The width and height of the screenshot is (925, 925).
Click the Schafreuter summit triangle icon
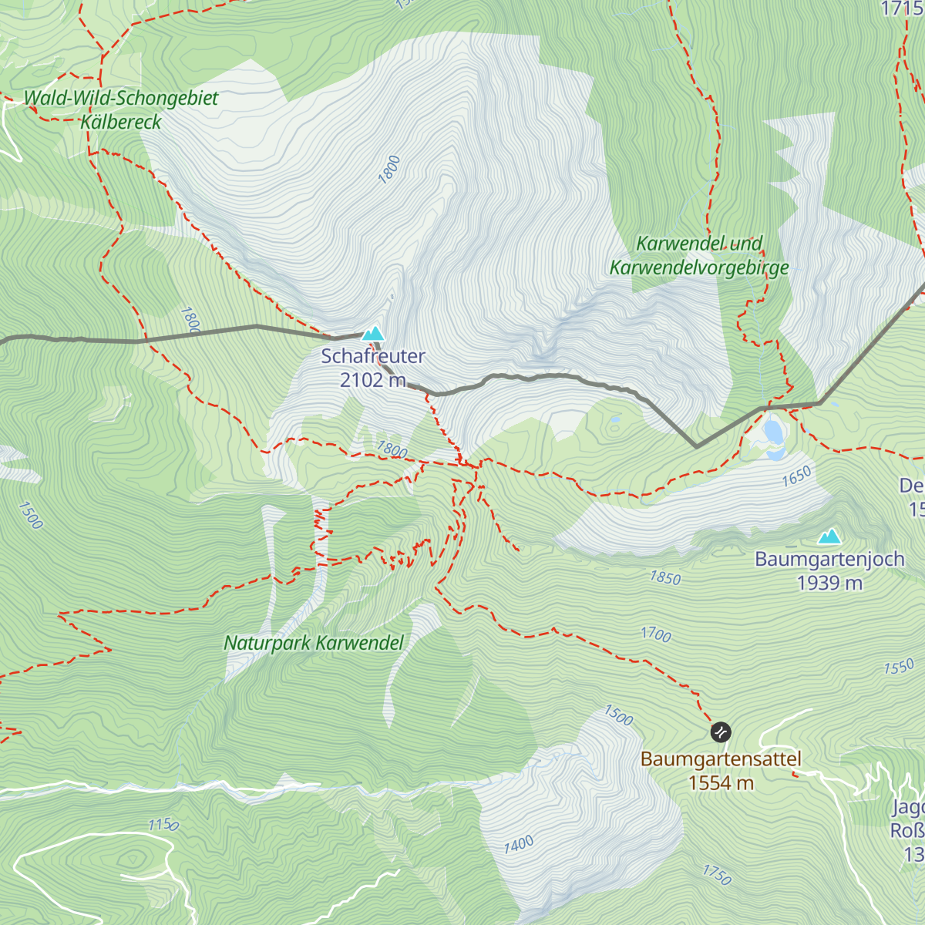373,334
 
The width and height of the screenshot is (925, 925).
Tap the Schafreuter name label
373,356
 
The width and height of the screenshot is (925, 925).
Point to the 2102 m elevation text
373,380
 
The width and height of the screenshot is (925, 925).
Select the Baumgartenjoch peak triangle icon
829,536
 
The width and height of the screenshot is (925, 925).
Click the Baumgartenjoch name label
829,559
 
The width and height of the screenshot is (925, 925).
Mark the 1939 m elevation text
829,583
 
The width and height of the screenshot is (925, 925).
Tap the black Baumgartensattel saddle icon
721,732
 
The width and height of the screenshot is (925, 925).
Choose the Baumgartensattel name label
721,759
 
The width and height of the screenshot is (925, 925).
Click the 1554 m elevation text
721,783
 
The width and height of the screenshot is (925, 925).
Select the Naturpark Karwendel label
314,643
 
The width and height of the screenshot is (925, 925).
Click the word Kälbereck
121,122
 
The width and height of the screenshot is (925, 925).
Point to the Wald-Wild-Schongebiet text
121,98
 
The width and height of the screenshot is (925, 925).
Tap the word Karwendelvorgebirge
699,267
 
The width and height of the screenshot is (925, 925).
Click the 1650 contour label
796,476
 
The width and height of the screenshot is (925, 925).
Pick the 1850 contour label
665,577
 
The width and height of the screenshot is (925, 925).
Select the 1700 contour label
656,634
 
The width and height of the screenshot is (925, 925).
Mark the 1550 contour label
899,667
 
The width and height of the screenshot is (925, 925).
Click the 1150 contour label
163,825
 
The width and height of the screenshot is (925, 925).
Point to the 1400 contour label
519,845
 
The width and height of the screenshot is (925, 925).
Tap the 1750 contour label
717,874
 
